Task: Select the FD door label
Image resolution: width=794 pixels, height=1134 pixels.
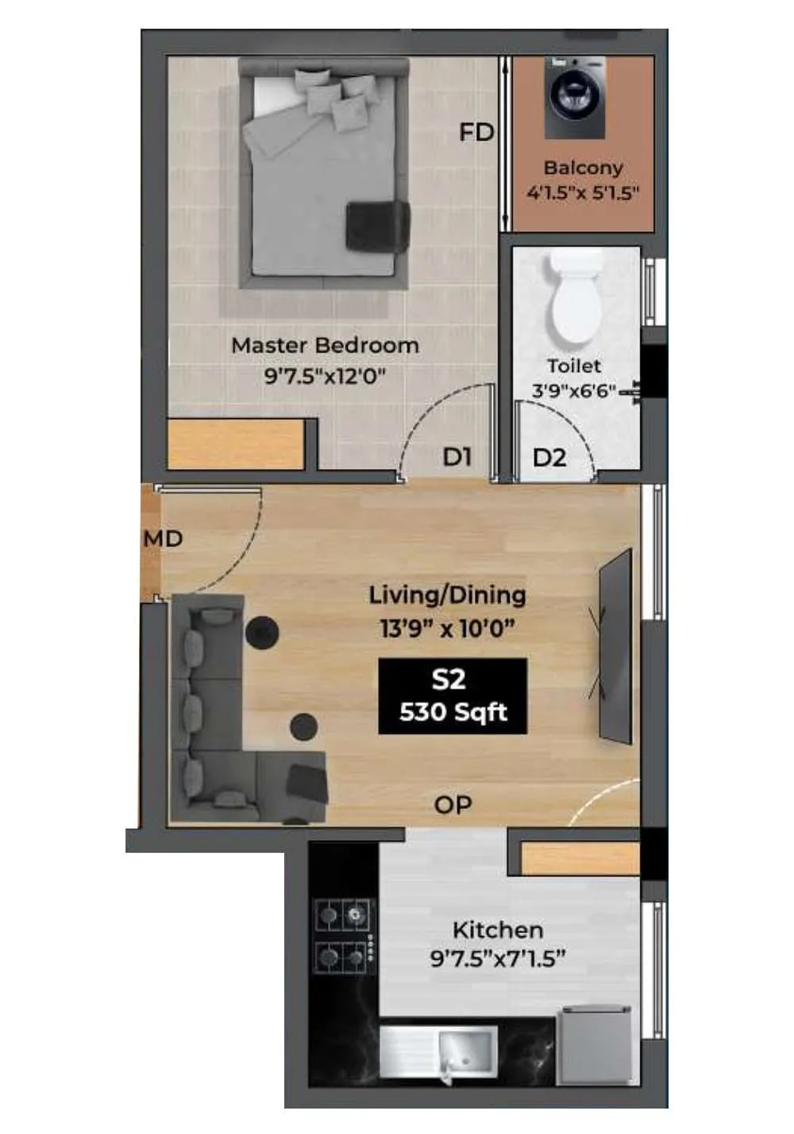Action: point(476,132)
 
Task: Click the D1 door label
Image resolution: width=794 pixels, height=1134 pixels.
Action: point(457,457)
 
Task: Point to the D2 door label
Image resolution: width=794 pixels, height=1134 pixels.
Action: point(549,458)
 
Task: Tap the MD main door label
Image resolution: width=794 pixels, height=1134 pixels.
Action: point(163,539)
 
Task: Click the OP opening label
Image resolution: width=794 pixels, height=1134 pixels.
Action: point(453,805)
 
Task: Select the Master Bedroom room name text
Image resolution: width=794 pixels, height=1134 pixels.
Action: point(325,346)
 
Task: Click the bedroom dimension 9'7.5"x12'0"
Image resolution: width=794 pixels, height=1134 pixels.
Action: point(325,375)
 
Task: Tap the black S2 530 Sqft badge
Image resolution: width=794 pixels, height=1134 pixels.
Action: point(453,696)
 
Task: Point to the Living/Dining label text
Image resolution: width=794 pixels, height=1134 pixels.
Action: point(447,595)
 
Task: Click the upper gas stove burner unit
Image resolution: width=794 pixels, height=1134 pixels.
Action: point(345,915)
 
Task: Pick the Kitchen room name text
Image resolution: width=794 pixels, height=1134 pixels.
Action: point(498,930)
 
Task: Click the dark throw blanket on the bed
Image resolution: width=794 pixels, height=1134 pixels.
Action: point(377,226)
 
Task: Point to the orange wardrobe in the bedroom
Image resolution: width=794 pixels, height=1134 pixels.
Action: point(237,443)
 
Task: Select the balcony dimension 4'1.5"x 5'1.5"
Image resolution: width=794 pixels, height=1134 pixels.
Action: point(583,193)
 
